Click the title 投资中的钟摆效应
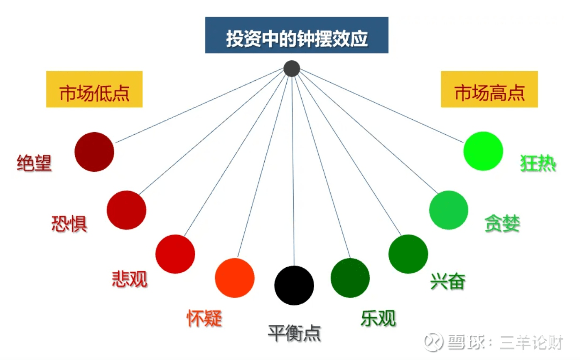[x=297, y=35]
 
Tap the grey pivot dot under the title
[x=292, y=69]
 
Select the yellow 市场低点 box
[x=94, y=89]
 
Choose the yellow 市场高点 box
[x=489, y=89]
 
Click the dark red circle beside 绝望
[x=94, y=152]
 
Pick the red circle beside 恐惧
[x=126, y=210]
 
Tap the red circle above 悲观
[x=175, y=254]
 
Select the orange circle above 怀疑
[x=235, y=278]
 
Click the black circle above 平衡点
[x=294, y=285]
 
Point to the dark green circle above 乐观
[x=350, y=278]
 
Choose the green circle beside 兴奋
[x=408, y=254]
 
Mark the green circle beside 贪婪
[x=449, y=210]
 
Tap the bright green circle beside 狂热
[x=483, y=151]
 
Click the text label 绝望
[x=34, y=163]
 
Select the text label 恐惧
[x=69, y=224]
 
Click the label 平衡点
[x=294, y=333]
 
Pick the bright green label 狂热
[x=538, y=163]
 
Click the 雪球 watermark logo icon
[x=435, y=342]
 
